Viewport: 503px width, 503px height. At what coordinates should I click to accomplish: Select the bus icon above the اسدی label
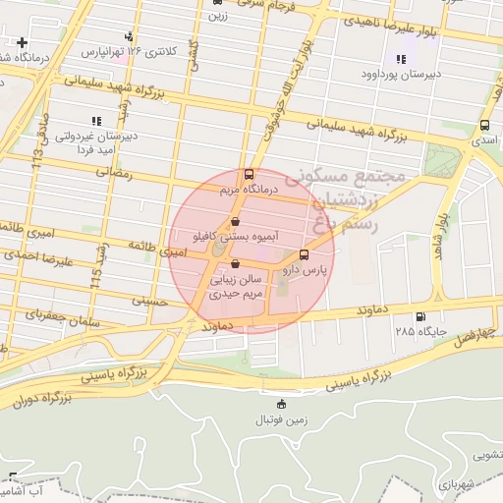coord(484,126)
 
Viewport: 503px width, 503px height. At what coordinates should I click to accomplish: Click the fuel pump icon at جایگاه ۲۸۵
coord(421,316)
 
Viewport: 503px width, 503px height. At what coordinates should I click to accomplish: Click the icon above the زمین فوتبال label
coord(282,403)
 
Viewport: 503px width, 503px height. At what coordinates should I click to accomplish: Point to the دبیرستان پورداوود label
coord(401,74)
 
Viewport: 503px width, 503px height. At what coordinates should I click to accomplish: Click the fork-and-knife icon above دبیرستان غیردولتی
coord(96,121)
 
